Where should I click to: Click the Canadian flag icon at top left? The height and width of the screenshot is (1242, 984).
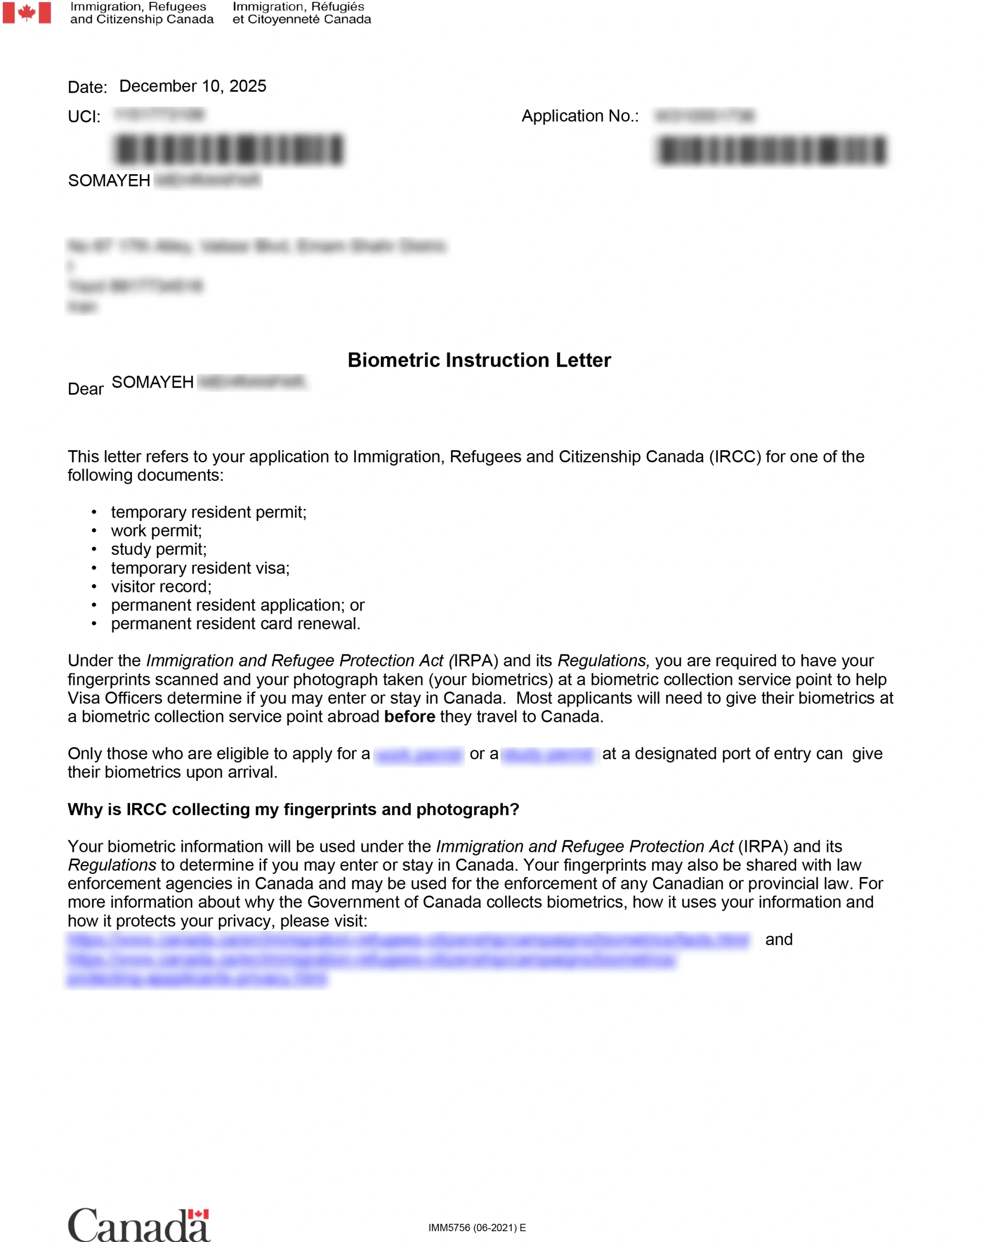pos(27,13)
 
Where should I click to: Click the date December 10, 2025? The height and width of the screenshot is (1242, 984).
pos(192,86)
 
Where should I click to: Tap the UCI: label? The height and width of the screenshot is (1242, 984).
pos(84,117)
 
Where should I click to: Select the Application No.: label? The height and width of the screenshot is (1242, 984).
pos(580,116)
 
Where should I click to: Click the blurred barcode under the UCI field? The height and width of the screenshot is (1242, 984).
pos(229,150)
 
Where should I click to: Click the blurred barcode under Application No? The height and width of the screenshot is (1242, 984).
pos(771,151)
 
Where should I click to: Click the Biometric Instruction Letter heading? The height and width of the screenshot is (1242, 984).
pos(479,360)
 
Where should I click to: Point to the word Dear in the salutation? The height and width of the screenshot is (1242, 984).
pos(85,389)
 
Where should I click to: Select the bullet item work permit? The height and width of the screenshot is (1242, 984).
pos(156,531)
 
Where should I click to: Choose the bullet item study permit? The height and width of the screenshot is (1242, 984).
pos(158,549)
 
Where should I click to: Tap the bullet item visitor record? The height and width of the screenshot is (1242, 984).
pos(161,587)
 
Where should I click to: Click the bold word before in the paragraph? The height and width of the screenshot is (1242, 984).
pos(409,717)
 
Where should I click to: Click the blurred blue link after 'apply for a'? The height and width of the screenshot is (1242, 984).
pos(418,754)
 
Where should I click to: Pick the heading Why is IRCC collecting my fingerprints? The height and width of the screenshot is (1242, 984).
pos(293,810)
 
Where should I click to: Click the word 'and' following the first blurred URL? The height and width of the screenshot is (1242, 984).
pos(778,940)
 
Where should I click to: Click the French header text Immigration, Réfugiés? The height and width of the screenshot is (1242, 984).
pos(298,7)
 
